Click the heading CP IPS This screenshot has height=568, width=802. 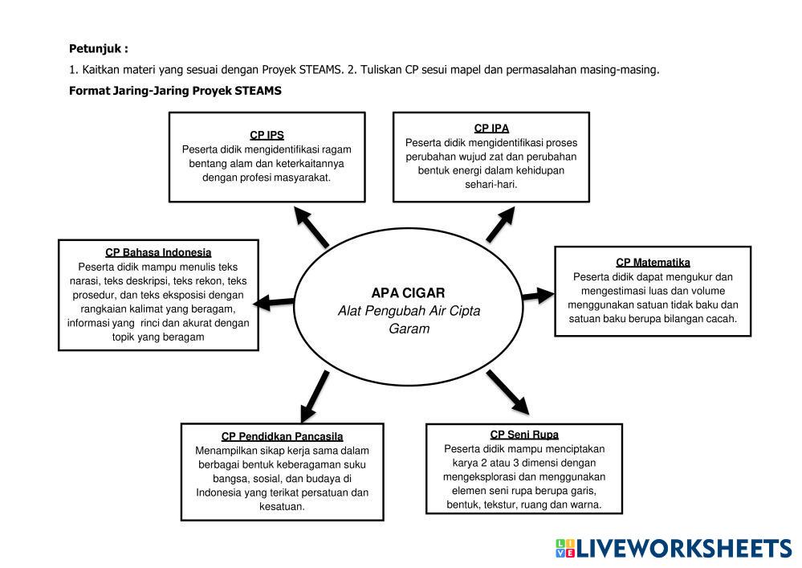(267, 135)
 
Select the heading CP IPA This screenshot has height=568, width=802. (491, 128)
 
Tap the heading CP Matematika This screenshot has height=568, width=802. (653, 262)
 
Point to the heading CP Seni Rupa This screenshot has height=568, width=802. (524, 435)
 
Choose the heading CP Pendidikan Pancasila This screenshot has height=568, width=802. (282, 436)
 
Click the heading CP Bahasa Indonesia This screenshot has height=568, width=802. (158, 252)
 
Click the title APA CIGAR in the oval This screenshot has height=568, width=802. (408, 292)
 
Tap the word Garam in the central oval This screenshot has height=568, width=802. (409, 329)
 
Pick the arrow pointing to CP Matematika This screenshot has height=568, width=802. (537, 296)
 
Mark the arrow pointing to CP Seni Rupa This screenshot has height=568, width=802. (508, 392)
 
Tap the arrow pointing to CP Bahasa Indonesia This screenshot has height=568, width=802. (274, 302)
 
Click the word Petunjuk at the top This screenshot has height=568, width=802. (96, 49)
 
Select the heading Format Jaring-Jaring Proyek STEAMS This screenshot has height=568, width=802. (175, 91)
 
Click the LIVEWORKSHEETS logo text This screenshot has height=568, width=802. (684, 548)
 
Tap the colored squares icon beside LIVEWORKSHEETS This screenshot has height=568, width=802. (564, 548)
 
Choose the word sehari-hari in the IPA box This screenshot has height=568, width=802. (491, 184)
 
